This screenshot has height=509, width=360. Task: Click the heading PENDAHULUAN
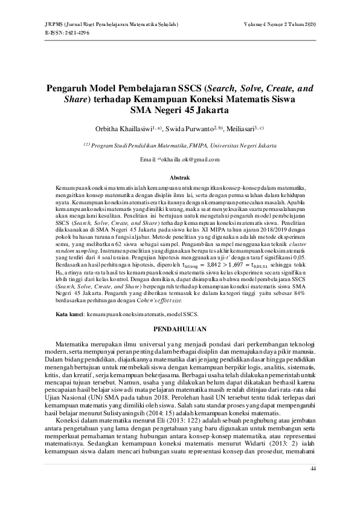click(179, 329)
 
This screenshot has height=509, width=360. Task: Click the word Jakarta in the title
click(203, 111)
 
